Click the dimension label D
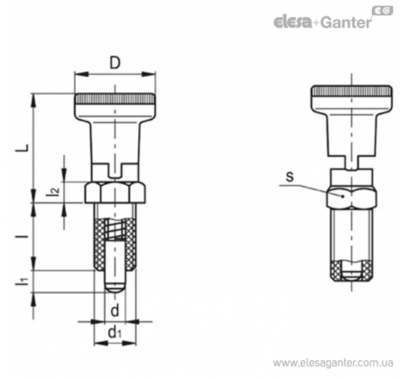click(115, 63)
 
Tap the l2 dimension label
click(52, 192)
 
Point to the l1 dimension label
click(23, 281)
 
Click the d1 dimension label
click(115, 333)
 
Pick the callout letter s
click(290, 177)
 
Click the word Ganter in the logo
click(346, 23)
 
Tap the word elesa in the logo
click(292, 23)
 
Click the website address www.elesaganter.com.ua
click(333, 363)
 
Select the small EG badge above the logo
click(383, 11)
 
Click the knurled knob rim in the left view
click(115, 98)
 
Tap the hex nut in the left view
click(116, 192)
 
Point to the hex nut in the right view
click(351, 196)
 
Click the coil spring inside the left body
click(115, 229)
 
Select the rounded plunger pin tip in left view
click(115, 288)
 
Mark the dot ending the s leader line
click(342, 196)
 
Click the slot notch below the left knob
click(115, 171)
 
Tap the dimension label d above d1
click(115, 310)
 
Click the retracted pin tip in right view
click(351, 273)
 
